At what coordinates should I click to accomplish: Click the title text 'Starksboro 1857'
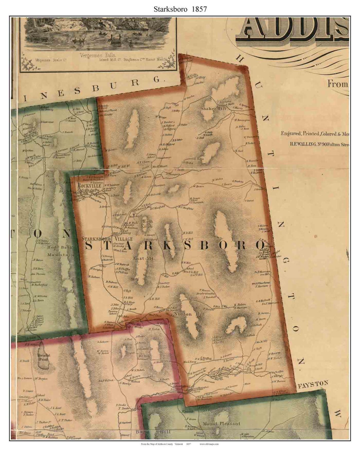pyautogui.click(x=180, y=9)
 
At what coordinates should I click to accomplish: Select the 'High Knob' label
pyautogui.click(x=147, y=224)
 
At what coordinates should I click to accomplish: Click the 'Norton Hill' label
pyautogui.click(x=183, y=314)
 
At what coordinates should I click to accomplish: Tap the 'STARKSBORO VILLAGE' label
pyautogui.click(x=107, y=239)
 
